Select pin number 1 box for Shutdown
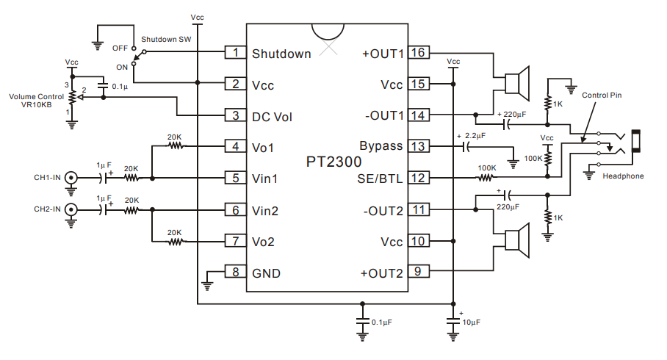pos(235,53)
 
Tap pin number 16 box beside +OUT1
pos(418,53)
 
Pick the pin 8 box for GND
pos(235,273)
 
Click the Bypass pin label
pos(381,146)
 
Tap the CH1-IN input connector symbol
pos(71,177)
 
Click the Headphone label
pos(623,176)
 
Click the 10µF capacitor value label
pos(470,323)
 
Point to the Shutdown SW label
pos(165,38)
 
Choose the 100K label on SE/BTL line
pos(486,168)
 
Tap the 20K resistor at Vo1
pos(175,146)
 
